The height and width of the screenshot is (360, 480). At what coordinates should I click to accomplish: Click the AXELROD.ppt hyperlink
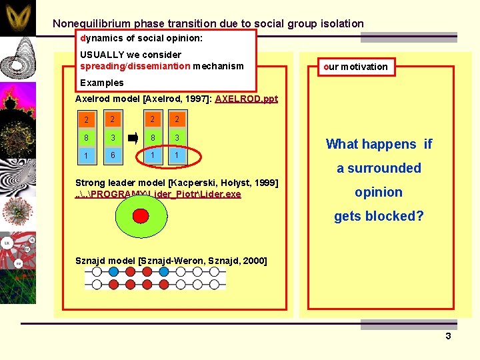click(x=246, y=99)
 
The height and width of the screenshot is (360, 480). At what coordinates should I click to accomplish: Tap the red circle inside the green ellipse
click(x=141, y=216)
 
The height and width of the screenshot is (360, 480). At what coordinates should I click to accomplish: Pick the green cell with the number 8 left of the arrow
click(x=86, y=139)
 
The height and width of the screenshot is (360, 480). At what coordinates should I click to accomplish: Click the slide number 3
click(x=448, y=336)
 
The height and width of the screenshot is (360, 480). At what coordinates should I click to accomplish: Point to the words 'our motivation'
click(x=355, y=67)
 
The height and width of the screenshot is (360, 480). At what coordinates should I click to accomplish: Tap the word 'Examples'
click(x=101, y=83)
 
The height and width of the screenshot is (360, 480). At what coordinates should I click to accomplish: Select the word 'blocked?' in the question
click(x=399, y=216)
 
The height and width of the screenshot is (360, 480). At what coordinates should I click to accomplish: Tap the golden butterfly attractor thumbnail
click(x=18, y=18)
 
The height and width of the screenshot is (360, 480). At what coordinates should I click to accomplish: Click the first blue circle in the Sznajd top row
click(x=114, y=272)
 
